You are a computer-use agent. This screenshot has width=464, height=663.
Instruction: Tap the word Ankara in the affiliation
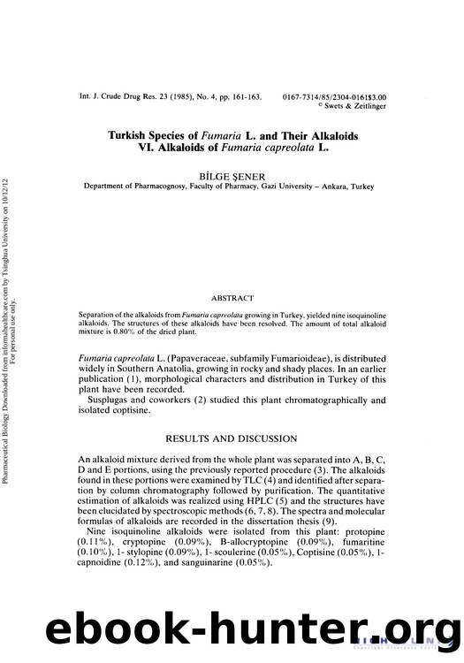pos(331,187)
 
